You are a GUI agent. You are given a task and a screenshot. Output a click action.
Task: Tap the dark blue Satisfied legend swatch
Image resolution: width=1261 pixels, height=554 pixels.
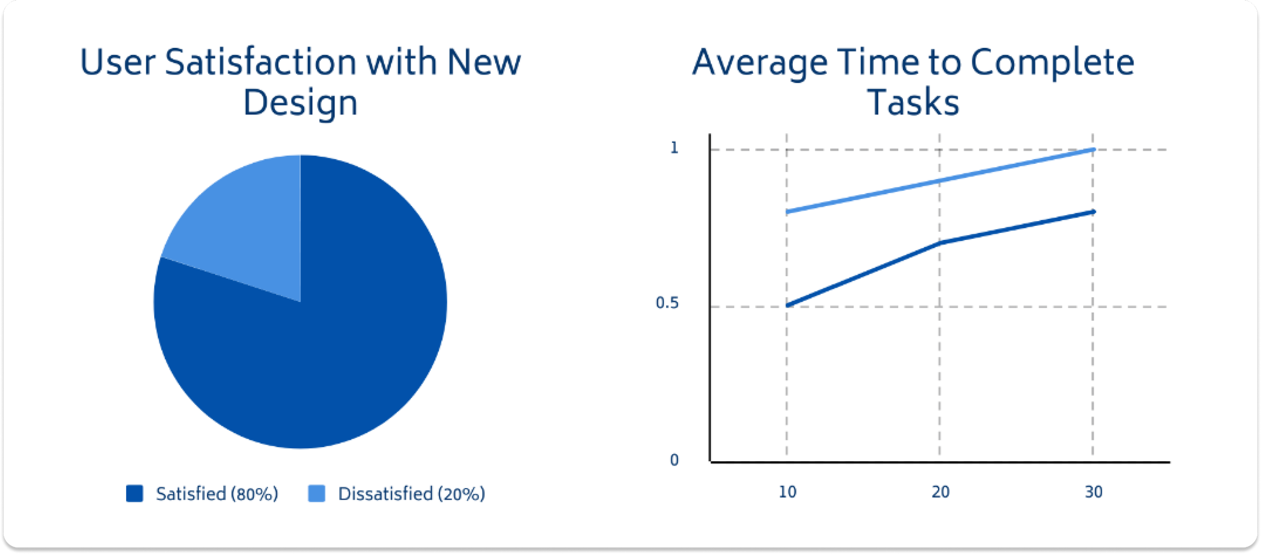(135, 494)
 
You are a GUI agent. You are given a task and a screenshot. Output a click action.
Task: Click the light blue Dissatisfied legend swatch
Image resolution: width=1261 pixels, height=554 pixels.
(316, 494)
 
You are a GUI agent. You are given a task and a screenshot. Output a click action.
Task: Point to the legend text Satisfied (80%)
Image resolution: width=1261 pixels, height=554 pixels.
(217, 494)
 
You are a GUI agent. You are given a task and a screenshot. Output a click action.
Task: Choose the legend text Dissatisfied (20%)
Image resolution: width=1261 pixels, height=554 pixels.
(412, 494)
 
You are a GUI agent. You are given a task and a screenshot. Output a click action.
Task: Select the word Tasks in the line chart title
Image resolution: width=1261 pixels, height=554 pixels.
(913, 102)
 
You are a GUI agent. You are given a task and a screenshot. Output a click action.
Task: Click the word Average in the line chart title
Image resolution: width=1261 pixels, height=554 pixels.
(760, 63)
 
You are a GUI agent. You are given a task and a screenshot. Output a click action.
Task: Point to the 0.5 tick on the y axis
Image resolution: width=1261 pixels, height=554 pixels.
(667, 303)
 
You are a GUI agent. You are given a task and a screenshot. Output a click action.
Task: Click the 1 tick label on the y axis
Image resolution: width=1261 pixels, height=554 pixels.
(674, 148)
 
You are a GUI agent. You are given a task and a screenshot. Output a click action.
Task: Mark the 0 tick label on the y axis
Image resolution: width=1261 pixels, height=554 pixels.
(674, 460)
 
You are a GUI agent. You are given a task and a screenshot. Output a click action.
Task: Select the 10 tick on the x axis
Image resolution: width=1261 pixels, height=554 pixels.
(787, 492)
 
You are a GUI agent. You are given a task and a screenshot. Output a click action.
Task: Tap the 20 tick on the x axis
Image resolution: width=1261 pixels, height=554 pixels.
(941, 492)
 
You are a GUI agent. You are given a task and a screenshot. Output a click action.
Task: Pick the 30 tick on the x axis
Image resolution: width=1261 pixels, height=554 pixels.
(1094, 492)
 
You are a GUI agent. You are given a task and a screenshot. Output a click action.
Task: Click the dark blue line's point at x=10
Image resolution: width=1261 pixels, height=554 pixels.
(787, 305)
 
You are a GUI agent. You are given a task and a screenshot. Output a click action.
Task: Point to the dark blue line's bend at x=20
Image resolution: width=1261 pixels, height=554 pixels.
(940, 243)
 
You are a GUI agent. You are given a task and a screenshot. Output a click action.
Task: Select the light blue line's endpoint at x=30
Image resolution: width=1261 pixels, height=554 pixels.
(1093, 150)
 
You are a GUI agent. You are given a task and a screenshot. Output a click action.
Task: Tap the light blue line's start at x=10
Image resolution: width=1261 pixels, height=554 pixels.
(787, 212)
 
